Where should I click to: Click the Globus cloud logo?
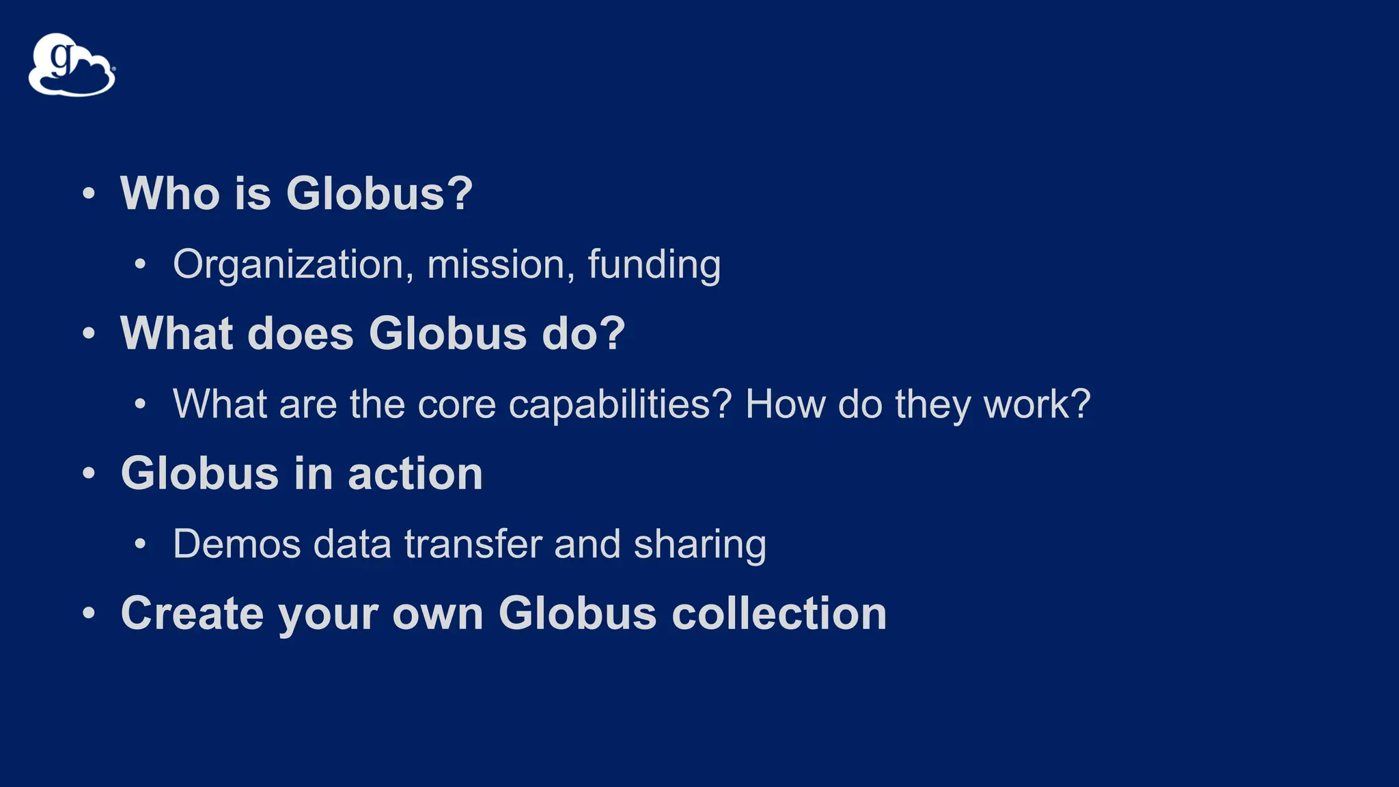(x=72, y=65)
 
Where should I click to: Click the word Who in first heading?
(x=169, y=193)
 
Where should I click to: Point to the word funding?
(x=654, y=264)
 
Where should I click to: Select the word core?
(x=456, y=404)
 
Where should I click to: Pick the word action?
(x=415, y=473)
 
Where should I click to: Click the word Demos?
(x=236, y=544)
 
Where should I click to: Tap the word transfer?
(x=472, y=544)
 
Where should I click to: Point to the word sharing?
(x=699, y=544)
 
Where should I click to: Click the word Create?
(x=192, y=613)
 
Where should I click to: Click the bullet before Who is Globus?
(x=89, y=193)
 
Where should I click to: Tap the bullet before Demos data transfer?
(x=140, y=544)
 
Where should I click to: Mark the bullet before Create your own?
(x=89, y=613)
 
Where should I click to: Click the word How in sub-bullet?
(x=785, y=404)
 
